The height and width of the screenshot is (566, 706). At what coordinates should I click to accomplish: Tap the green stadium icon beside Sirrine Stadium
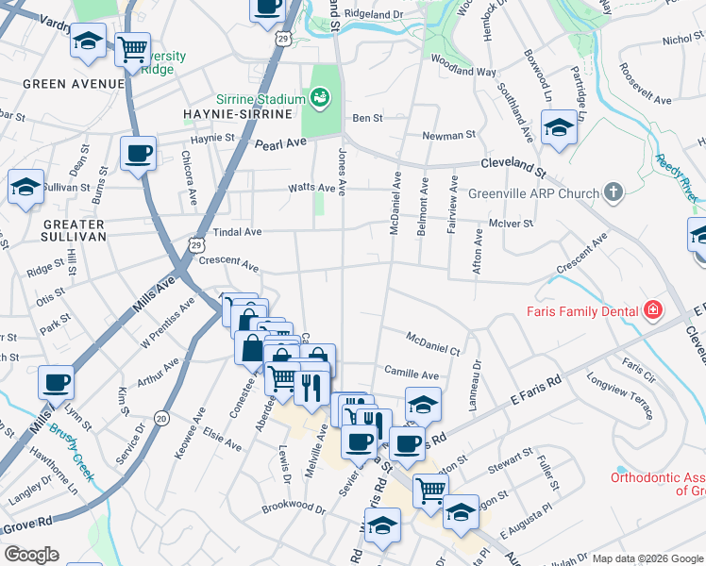pos(320,97)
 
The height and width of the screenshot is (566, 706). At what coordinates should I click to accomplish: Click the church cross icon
pos(614,193)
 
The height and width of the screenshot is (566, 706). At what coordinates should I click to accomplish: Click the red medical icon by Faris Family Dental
pos(651,310)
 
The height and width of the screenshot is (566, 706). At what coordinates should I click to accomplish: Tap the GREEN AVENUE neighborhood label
pos(73,84)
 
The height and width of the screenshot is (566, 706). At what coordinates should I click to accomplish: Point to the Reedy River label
pos(676,177)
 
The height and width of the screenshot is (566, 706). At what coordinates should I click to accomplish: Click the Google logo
pos(31,555)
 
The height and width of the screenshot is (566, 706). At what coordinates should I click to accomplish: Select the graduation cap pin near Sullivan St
pos(25,186)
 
